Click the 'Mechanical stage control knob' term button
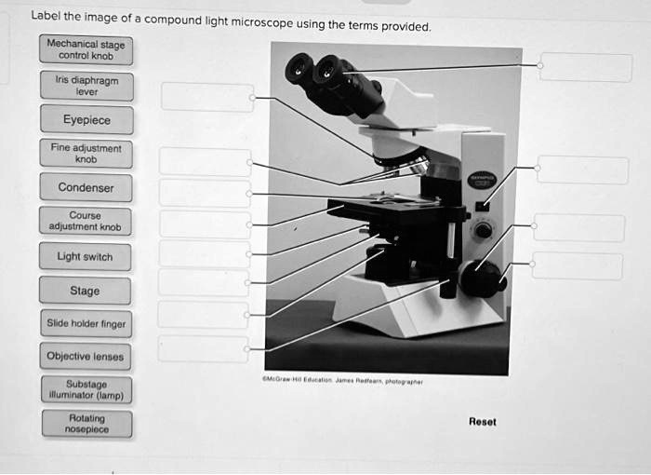86,49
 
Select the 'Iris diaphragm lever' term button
86,87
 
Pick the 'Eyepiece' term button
86,120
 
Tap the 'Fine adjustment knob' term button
86,154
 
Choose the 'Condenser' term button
86,187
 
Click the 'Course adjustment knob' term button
86,221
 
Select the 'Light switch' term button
86,256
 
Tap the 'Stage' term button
86,291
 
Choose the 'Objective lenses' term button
86,357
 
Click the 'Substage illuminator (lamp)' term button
86,389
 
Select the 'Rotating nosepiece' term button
86,424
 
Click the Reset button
482,422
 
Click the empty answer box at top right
586,67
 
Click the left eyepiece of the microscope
299,68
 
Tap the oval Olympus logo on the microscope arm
483,179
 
